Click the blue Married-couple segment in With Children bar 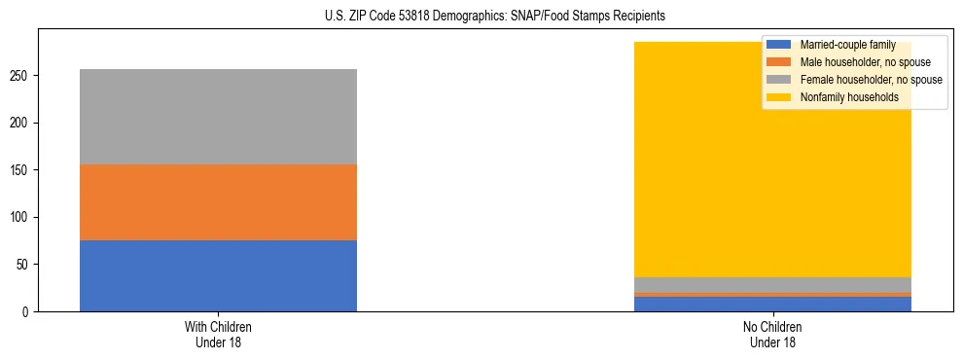pyautogui.click(x=218, y=275)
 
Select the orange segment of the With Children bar pyautogui.click(x=218, y=202)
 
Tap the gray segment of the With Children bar pyautogui.click(x=218, y=117)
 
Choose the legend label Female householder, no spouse pyautogui.click(x=870, y=80)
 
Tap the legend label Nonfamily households pyautogui.click(x=848, y=97)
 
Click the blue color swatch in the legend pyautogui.click(x=779, y=45)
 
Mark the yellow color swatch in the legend pyautogui.click(x=779, y=97)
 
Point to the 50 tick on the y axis pyautogui.click(x=25, y=265)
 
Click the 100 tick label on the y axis pyautogui.click(x=22, y=217)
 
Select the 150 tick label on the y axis pyautogui.click(x=22, y=170)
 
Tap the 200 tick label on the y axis pyautogui.click(x=22, y=124)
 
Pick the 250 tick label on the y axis pyautogui.click(x=22, y=76)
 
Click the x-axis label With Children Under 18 pyautogui.click(x=218, y=335)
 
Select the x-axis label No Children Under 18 pyautogui.click(x=772, y=335)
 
